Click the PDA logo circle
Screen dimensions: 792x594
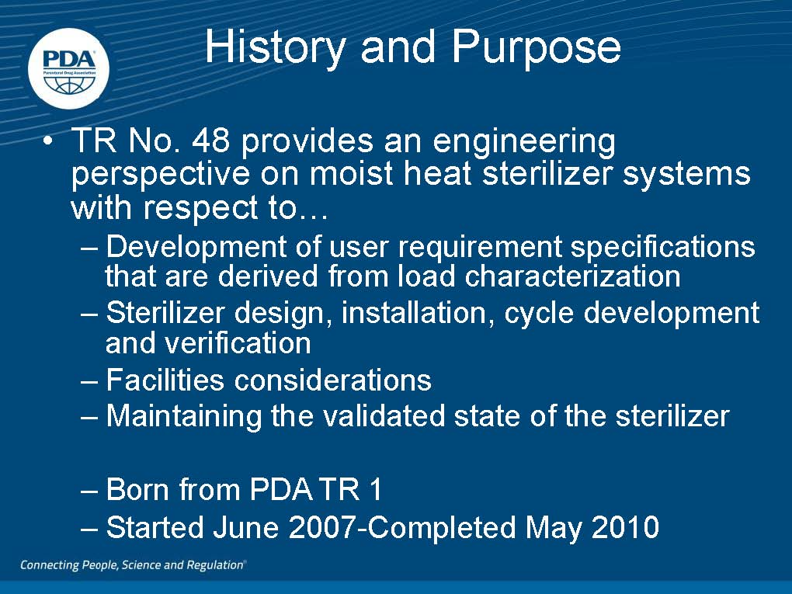(x=68, y=68)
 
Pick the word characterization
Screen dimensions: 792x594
(x=572, y=276)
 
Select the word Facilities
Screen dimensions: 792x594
(x=165, y=380)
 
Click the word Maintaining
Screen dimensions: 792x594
(x=184, y=417)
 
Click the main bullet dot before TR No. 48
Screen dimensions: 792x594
(x=47, y=142)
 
